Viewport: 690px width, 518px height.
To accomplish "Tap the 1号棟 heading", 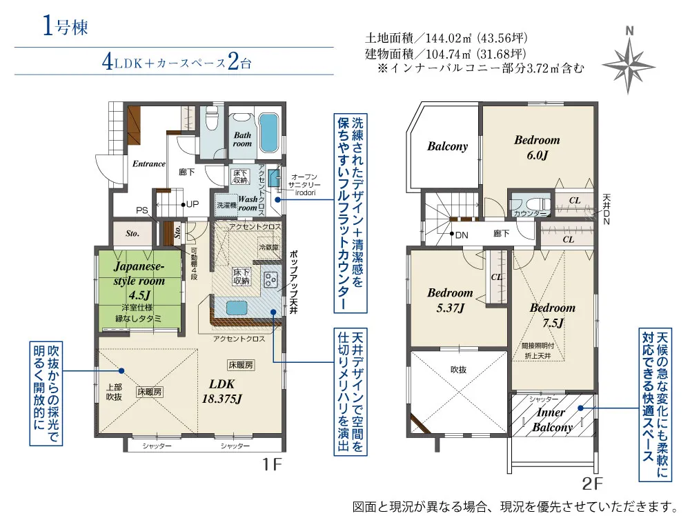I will point(63,27).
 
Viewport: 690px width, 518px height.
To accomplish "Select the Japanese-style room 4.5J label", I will point(139,280).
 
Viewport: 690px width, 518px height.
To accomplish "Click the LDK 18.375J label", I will point(217,390).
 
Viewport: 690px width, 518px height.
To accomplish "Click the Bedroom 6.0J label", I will point(537,147).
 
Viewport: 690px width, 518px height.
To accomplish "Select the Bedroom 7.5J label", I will point(552,315).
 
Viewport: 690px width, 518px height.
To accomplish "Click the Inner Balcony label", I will point(552,419).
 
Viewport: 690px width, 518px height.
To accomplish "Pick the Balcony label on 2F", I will point(447,146).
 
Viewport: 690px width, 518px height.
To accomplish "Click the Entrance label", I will point(149,164).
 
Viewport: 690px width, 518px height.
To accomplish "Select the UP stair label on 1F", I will point(190,204).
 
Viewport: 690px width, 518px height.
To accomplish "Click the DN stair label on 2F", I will point(459,235).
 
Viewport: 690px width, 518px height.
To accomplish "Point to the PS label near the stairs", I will point(143,210).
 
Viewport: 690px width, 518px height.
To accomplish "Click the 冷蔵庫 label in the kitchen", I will point(267,246).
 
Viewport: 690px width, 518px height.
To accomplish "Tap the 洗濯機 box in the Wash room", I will point(226,205).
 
